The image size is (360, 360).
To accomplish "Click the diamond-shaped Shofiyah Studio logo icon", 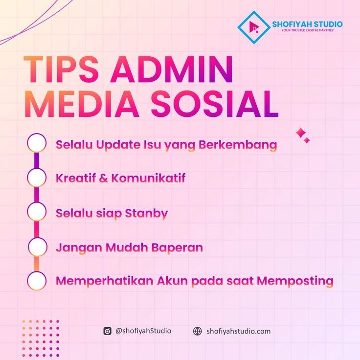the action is (x=254, y=27).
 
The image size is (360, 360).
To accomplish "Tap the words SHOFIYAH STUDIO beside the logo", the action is (x=307, y=24).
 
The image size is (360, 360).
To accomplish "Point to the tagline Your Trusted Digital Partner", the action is (x=308, y=30).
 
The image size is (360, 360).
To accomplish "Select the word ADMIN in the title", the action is (x=172, y=69).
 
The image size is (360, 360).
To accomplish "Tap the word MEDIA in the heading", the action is (x=82, y=104).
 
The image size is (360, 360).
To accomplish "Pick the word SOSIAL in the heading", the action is (x=215, y=104).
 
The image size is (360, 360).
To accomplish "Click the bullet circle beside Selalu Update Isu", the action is (x=37, y=143).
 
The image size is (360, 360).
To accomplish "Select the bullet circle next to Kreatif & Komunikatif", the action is (x=37, y=178).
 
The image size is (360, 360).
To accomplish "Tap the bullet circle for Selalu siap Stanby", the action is (x=37, y=211).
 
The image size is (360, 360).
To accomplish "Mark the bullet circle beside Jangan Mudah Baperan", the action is (x=38, y=247).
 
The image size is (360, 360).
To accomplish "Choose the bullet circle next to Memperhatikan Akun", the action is (x=37, y=281).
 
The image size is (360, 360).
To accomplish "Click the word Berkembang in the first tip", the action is (x=238, y=145).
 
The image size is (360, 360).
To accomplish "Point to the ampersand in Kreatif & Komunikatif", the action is (x=104, y=178).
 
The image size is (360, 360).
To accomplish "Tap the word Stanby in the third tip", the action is (x=146, y=214).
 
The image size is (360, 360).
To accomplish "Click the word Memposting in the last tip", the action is (x=295, y=281).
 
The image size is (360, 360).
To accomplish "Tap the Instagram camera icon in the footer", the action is (x=107, y=331).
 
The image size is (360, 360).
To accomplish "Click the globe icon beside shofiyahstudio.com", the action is (x=197, y=331).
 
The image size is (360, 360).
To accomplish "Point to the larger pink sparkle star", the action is (x=300, y=133).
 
